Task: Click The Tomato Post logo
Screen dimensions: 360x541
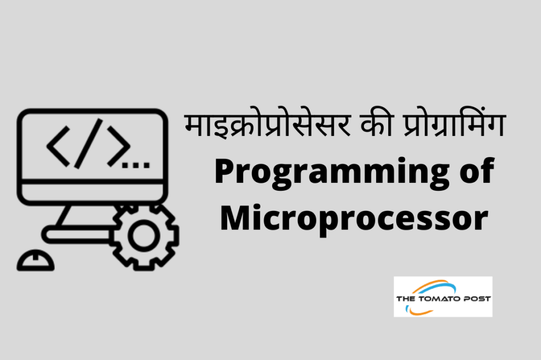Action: (443, 297)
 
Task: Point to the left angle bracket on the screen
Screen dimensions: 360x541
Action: (59, 145)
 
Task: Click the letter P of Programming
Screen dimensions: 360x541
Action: (224, 172)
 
